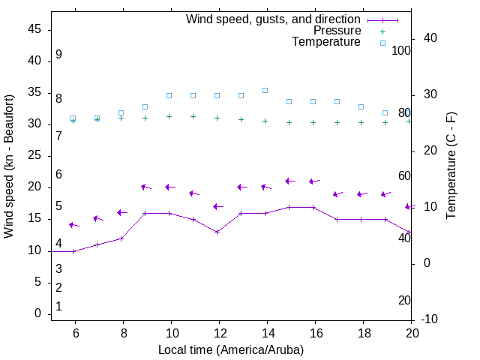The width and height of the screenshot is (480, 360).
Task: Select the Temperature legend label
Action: (326, 42)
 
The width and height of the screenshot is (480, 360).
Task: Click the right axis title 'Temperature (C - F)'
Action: (451, 166)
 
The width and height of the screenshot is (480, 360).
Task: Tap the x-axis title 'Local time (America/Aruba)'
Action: (231, 349)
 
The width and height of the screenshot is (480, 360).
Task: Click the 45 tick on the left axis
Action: (34, 29)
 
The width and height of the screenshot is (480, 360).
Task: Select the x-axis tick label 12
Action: (217, 333)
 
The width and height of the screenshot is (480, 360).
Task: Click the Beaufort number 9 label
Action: (58, 55)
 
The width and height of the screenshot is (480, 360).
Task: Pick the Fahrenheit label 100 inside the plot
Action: (401, 50)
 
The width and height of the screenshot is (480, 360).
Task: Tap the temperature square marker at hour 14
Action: (265, 90)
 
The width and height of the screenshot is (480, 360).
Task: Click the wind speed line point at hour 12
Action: (217, 232)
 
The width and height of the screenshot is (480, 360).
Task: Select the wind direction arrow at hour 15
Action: (291, 181)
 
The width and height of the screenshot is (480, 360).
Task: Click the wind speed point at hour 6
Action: (73, 251)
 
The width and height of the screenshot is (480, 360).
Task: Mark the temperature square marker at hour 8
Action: (121, 112)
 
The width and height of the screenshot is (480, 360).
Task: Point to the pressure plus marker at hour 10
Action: (169, 116)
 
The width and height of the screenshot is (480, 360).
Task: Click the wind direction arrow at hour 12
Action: (218, 206)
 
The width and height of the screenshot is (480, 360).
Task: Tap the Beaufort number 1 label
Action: (58, 307)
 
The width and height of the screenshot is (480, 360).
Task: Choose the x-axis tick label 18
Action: (361, 333)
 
